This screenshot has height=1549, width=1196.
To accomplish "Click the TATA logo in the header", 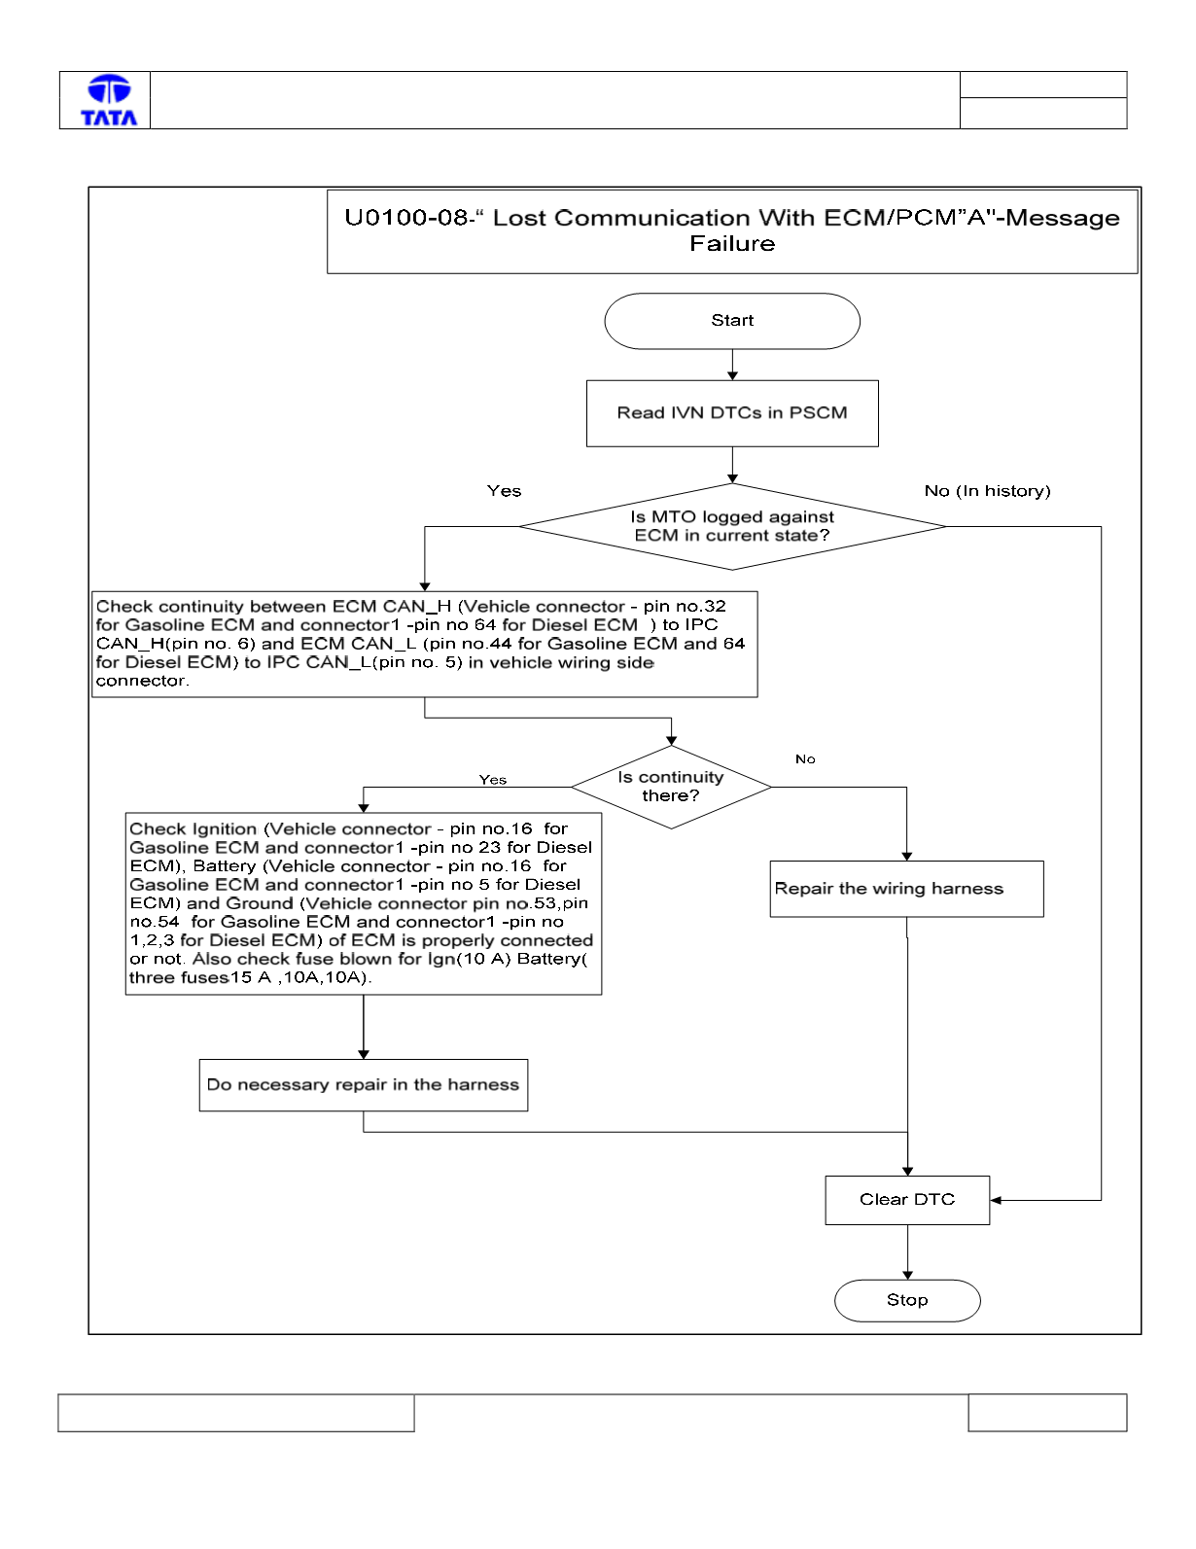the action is pyautogui.click(x=109, y=100).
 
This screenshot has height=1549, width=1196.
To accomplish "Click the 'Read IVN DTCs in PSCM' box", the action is pyautogui.click(x=732, y=413).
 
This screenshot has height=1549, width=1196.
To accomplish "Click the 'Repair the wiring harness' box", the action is pyautogui.click(x=906, y=889).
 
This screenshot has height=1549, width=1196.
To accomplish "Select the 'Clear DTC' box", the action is pyautogui.click(x=907, y=1200).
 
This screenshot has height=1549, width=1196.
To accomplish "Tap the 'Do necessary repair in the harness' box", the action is pyautogui.click(x=364, y=1085).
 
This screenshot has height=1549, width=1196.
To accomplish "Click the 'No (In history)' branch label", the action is pyautogui.click(x=987, y=491).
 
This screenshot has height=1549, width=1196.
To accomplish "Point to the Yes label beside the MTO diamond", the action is pyautogui.click(x=504, y=491).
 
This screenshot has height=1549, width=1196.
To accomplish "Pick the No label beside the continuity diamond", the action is pyautogui.click(x=805, y=759).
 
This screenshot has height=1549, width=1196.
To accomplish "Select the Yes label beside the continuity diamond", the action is pyautogui.click(x=493, y=780).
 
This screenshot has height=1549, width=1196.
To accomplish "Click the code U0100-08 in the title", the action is pyautogui.click(x=405, y=218).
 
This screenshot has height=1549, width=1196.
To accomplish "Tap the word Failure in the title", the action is pyautogui.click(x=732, y=244).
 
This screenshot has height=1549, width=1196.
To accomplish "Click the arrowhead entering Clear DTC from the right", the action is pyautogui.click(x=996, y=1201).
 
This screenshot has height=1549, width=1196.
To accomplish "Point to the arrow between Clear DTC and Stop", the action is pyautogui.click(x=907, y=1252).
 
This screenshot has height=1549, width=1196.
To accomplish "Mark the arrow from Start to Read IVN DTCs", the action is pyautogui.click(x=732, y=365).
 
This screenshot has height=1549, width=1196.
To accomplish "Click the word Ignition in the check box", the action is pyautogui.click(x=225, y=829).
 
